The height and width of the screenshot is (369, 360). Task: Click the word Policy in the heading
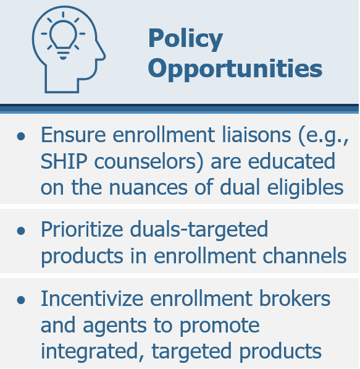coord(185,40)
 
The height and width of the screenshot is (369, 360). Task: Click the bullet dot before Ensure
coord(21,136)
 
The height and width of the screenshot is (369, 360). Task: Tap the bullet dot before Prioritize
coord(21,231)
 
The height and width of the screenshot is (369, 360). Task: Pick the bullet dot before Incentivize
coord(21,300)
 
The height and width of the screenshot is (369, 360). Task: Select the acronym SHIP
coord(64,161)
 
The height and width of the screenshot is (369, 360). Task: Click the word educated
coord(291,161)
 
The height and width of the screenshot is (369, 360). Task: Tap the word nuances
coord(148,188)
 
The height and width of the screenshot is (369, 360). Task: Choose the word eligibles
coord(305,188)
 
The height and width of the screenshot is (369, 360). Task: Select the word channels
coord(304,256)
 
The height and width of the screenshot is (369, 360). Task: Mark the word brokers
coord(295,299)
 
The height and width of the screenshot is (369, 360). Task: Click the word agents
coord(115,326)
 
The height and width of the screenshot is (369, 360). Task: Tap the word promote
coord(220,326)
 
